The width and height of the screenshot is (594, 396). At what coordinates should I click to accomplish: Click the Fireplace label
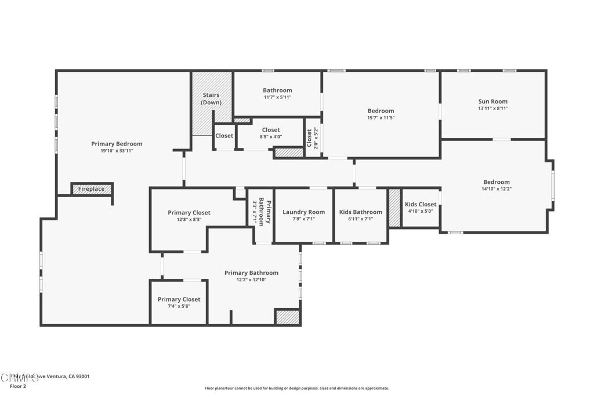92,189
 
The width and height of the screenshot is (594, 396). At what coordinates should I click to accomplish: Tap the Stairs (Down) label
212,99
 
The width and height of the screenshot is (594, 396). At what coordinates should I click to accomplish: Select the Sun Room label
492,101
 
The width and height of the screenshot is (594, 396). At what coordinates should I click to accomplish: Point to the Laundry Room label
303,212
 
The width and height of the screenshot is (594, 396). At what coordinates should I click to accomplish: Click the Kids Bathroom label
360,212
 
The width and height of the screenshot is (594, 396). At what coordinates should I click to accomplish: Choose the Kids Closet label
421,204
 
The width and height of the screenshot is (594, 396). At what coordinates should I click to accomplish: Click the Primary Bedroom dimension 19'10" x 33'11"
117,151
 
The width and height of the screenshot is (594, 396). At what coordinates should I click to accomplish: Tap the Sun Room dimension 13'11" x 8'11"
492,108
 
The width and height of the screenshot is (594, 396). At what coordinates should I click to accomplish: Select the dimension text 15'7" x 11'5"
381,118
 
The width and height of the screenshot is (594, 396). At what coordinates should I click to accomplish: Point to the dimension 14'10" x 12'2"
496,188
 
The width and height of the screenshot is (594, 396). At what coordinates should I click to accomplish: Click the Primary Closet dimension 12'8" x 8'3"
189,219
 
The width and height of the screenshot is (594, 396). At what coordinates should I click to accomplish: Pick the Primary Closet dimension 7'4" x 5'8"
179,306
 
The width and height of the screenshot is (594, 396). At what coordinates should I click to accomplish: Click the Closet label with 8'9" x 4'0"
271,130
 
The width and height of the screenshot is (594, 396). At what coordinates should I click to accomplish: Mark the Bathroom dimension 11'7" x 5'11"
277,97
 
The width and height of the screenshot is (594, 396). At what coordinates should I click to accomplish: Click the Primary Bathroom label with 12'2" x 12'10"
251,273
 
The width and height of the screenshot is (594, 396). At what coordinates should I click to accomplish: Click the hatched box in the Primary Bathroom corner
287,317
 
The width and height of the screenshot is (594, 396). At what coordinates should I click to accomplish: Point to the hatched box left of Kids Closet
394,208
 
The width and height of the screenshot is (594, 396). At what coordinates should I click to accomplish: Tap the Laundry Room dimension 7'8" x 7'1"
303,219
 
